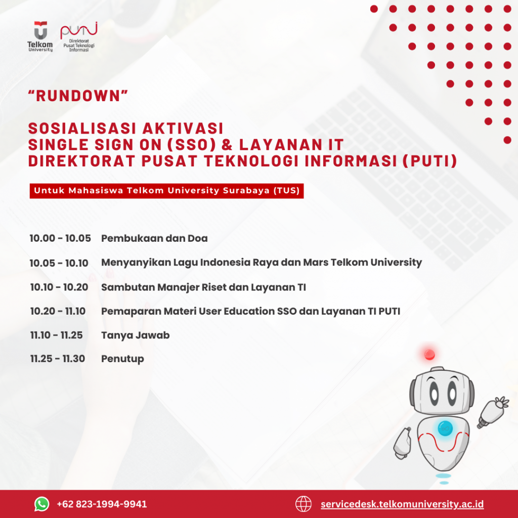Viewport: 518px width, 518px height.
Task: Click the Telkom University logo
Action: [40, 36]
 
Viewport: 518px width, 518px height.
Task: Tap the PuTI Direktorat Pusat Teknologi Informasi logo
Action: [79, 36]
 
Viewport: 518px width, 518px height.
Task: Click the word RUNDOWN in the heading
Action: [78, 96]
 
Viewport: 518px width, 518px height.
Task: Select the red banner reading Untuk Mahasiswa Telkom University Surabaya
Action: [166, 191]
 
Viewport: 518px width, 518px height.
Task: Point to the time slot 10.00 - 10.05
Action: [60, 238]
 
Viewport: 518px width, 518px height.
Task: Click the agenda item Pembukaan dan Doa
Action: [154, 238]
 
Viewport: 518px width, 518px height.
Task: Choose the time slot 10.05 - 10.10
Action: [59, 263]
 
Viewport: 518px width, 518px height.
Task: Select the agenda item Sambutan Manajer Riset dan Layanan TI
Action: [203, 287]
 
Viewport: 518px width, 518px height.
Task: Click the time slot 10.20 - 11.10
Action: [58, 311]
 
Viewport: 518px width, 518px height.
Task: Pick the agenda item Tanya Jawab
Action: [136, 335]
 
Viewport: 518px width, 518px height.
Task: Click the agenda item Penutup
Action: [122, 359]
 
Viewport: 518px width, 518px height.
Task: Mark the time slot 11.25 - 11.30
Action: [58, 359]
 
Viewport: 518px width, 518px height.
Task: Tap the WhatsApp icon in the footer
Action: [42, 504]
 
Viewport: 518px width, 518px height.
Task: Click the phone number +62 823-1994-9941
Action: [102, 504]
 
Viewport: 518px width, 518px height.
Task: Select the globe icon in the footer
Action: [304, 504]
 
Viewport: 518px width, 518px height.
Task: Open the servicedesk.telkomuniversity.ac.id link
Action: [402, 504]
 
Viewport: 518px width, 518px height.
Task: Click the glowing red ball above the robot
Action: [429, 355]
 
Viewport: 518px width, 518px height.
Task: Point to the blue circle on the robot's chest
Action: [445, 428]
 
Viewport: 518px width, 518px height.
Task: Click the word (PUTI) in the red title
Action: [430, 161]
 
